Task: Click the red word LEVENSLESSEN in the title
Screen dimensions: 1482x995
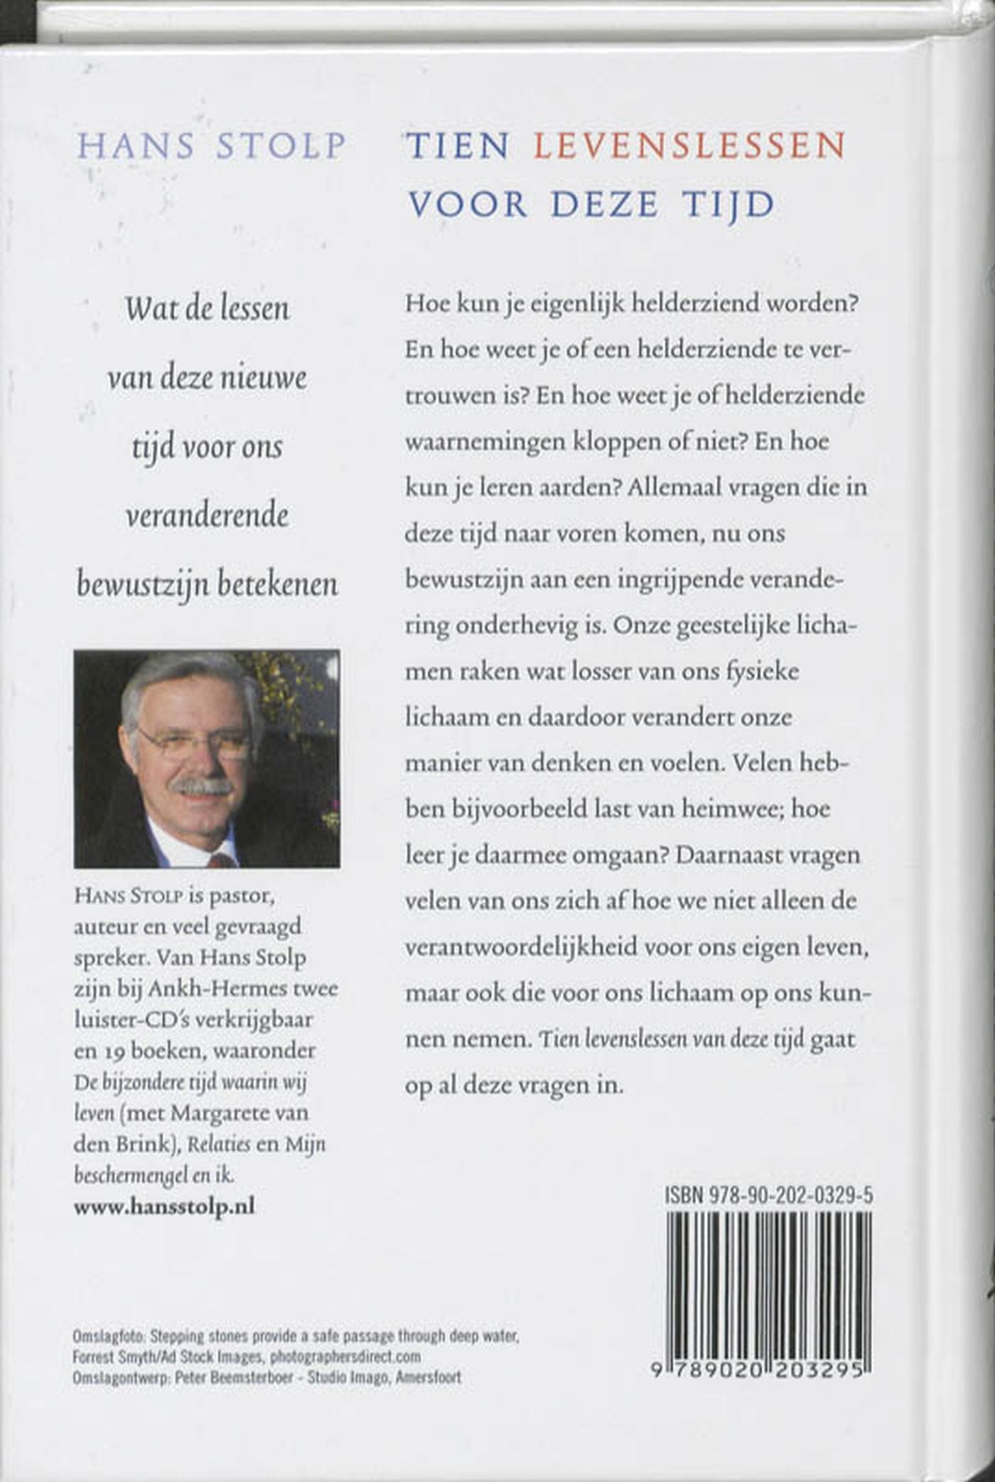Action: tap(689, 146)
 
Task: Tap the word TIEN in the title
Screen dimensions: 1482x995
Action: tap(458, 146)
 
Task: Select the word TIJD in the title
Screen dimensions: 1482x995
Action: tap(728, 205)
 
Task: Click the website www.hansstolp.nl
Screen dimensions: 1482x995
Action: tap(164, 1206)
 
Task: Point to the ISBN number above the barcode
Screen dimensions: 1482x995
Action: tap(769, 1196)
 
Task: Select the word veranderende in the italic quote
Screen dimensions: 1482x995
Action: tap(207, 515)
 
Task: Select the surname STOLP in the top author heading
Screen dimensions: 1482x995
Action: tap(281, 146)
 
